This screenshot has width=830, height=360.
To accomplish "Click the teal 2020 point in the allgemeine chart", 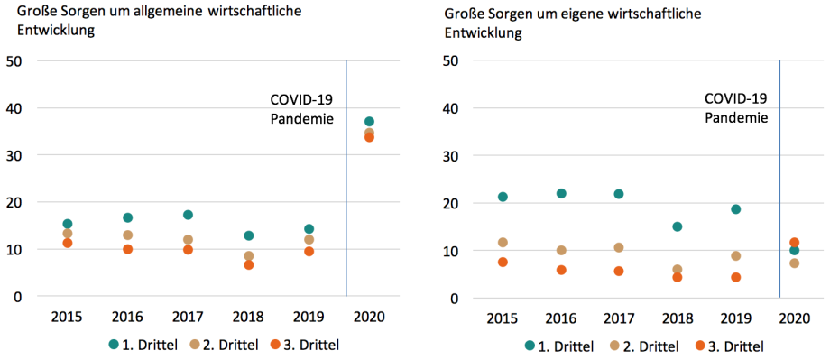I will coord(369,122).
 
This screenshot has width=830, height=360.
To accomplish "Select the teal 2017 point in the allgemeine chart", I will coord(188,215).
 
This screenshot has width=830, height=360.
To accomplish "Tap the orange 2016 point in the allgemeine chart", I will coord(128,249).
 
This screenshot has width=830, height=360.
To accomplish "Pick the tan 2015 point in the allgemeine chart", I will coord(68,234).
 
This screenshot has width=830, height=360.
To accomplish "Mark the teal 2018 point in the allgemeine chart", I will coord(249,235).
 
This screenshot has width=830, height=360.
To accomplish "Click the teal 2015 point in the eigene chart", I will coord(503,197).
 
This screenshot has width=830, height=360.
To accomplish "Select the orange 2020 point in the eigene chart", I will coord(794,243).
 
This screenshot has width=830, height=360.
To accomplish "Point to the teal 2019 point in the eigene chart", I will coord(735,209).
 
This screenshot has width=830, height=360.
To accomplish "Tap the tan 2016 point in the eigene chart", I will coord(561,250).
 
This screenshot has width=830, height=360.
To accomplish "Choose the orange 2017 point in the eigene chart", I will coord(619,271).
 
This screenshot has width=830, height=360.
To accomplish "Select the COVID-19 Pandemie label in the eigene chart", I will coord(735,107).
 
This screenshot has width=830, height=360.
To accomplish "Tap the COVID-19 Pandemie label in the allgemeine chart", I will coord(303,109).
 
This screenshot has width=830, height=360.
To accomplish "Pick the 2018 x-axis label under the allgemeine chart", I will coord(249,318).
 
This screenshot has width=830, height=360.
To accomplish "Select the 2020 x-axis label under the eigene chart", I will coord(794,318).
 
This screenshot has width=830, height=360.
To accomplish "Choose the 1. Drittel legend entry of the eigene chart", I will coord(559,346).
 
